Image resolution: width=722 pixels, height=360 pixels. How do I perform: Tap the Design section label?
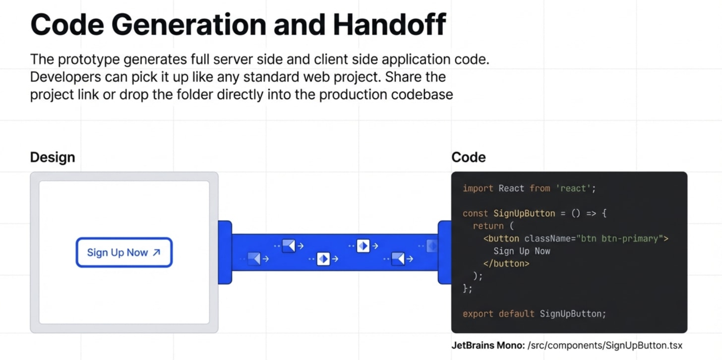coord(53,158)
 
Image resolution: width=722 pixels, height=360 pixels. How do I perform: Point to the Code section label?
coord(469,158)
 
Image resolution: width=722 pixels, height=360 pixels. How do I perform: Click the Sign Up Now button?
coord(124,252)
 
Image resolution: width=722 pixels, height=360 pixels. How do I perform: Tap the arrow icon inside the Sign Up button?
coord(156,252)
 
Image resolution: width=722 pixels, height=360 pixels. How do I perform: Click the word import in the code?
coord(478,188)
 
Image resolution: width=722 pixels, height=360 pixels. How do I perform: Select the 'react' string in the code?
coord(575,188)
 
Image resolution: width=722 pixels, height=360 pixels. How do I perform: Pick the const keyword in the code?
coord(475,213)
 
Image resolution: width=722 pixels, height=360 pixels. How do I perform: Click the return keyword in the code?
coord(488,226)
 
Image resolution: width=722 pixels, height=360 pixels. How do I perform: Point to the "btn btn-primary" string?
coord(622,239)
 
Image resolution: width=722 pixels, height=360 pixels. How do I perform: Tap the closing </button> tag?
coord(506,263)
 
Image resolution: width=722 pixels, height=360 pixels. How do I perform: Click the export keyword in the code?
coord(478,314)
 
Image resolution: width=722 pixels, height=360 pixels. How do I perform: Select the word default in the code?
coord(517,314)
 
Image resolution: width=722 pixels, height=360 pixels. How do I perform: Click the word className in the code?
coord(547,239)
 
